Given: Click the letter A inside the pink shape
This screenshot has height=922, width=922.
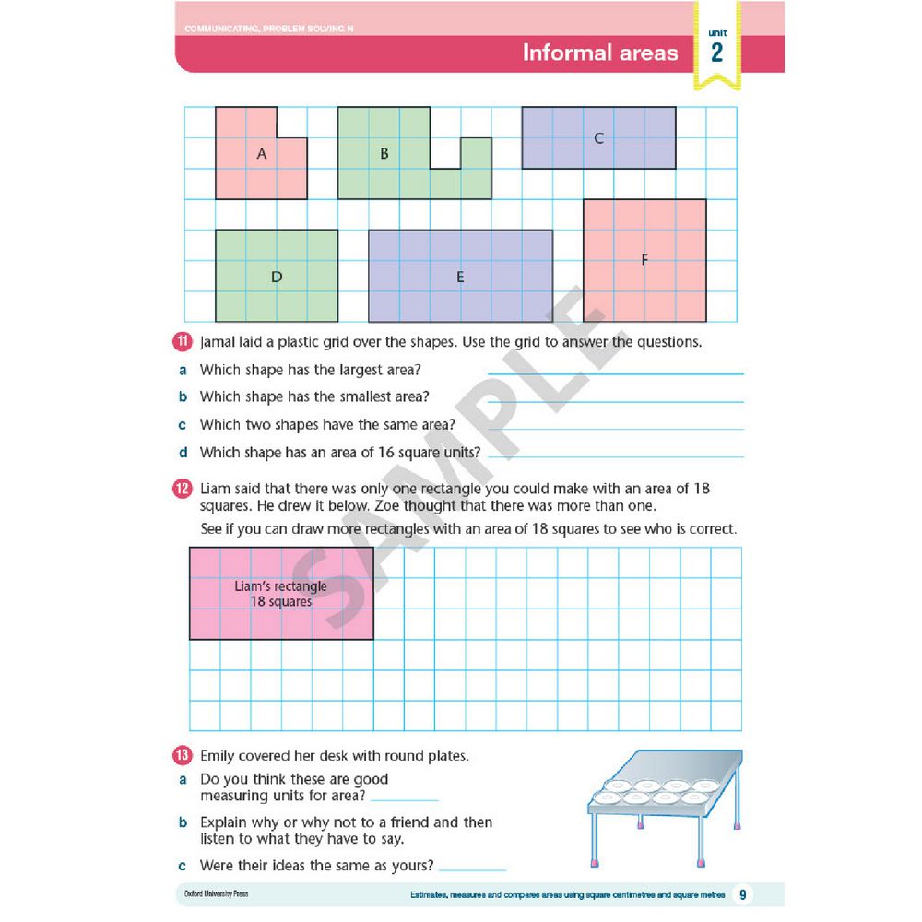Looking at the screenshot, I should coord(262,155).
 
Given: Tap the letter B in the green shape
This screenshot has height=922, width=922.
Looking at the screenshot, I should coord(384,154).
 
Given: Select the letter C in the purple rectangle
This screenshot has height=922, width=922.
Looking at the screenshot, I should coord(598,138).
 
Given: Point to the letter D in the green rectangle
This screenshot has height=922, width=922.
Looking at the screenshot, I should coord(277,276).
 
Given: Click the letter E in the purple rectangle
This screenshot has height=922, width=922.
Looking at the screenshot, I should coord(461,276).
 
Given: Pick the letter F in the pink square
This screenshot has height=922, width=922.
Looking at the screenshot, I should coord(644,260).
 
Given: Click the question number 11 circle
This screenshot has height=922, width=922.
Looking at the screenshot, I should coord(183,342).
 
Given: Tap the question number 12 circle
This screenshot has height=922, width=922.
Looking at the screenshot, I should coord(183,489).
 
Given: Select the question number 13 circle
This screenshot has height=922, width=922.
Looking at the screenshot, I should coord(183,756).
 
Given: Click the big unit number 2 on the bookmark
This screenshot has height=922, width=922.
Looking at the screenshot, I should coord(716,53).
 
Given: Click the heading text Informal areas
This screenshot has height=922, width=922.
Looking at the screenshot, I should coord(599,53).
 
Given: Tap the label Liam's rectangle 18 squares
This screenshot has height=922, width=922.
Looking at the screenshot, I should coord(280,594).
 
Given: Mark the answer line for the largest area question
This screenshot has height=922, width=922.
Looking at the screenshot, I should coord(615,372).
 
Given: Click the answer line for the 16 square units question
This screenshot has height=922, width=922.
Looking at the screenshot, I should coord(615,455).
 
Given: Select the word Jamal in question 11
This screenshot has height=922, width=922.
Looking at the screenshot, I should coord(219,342).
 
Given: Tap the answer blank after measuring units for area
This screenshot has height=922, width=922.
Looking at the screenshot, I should coord(404,798).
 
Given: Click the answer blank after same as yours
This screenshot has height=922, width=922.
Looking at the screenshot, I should coord(473,869).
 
